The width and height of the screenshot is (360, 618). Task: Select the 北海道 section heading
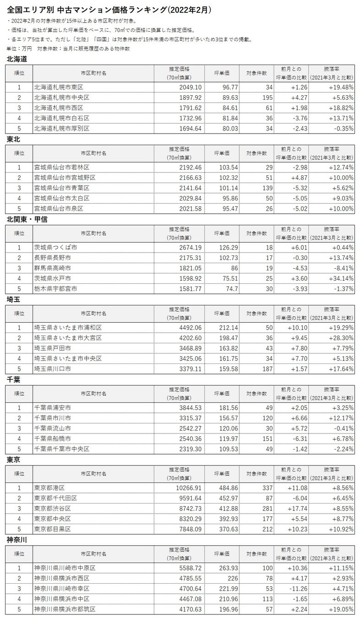[x=17, y=59]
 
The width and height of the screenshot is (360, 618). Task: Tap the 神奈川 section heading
[x=17, y=540]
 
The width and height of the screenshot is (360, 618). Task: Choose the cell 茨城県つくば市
[x=55, y=248]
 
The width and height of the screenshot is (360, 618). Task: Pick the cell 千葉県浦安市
[x=52, y=408]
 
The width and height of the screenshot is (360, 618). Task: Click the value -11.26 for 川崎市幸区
[x=293, y=588]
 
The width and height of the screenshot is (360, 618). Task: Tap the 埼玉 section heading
[x=13, y=299]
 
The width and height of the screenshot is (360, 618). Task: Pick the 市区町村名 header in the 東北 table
[x=93, y=153]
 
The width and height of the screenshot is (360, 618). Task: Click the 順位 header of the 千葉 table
[x=19, y=393]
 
